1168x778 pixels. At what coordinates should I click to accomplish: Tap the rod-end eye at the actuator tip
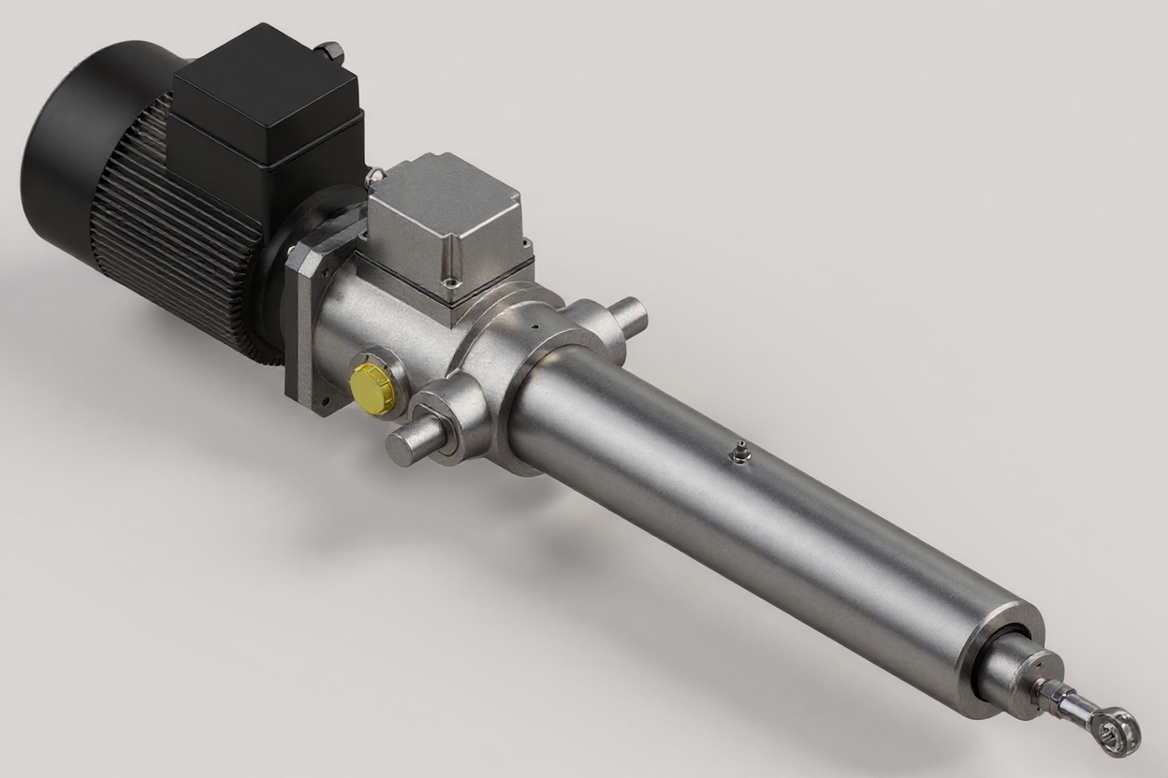coord(1119,730)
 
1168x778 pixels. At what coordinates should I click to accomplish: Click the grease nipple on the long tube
coord(739,452)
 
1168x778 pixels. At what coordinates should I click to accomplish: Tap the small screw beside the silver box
coord(375,173)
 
